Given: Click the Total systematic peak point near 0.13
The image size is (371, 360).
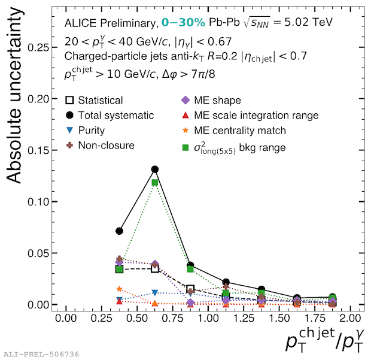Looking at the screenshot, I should (155, 170).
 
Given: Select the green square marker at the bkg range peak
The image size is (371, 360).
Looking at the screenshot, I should (155, 182).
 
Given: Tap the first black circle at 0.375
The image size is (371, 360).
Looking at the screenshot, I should (120, 231).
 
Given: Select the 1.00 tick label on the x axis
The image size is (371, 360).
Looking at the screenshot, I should (208, 317).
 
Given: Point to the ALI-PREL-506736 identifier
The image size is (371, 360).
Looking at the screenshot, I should (41, 354).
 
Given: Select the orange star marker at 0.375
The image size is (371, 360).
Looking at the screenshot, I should (120, 289).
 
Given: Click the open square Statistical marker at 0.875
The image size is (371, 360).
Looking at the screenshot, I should (191, 288).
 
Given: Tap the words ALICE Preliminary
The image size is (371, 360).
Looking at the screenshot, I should (111, 23).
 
